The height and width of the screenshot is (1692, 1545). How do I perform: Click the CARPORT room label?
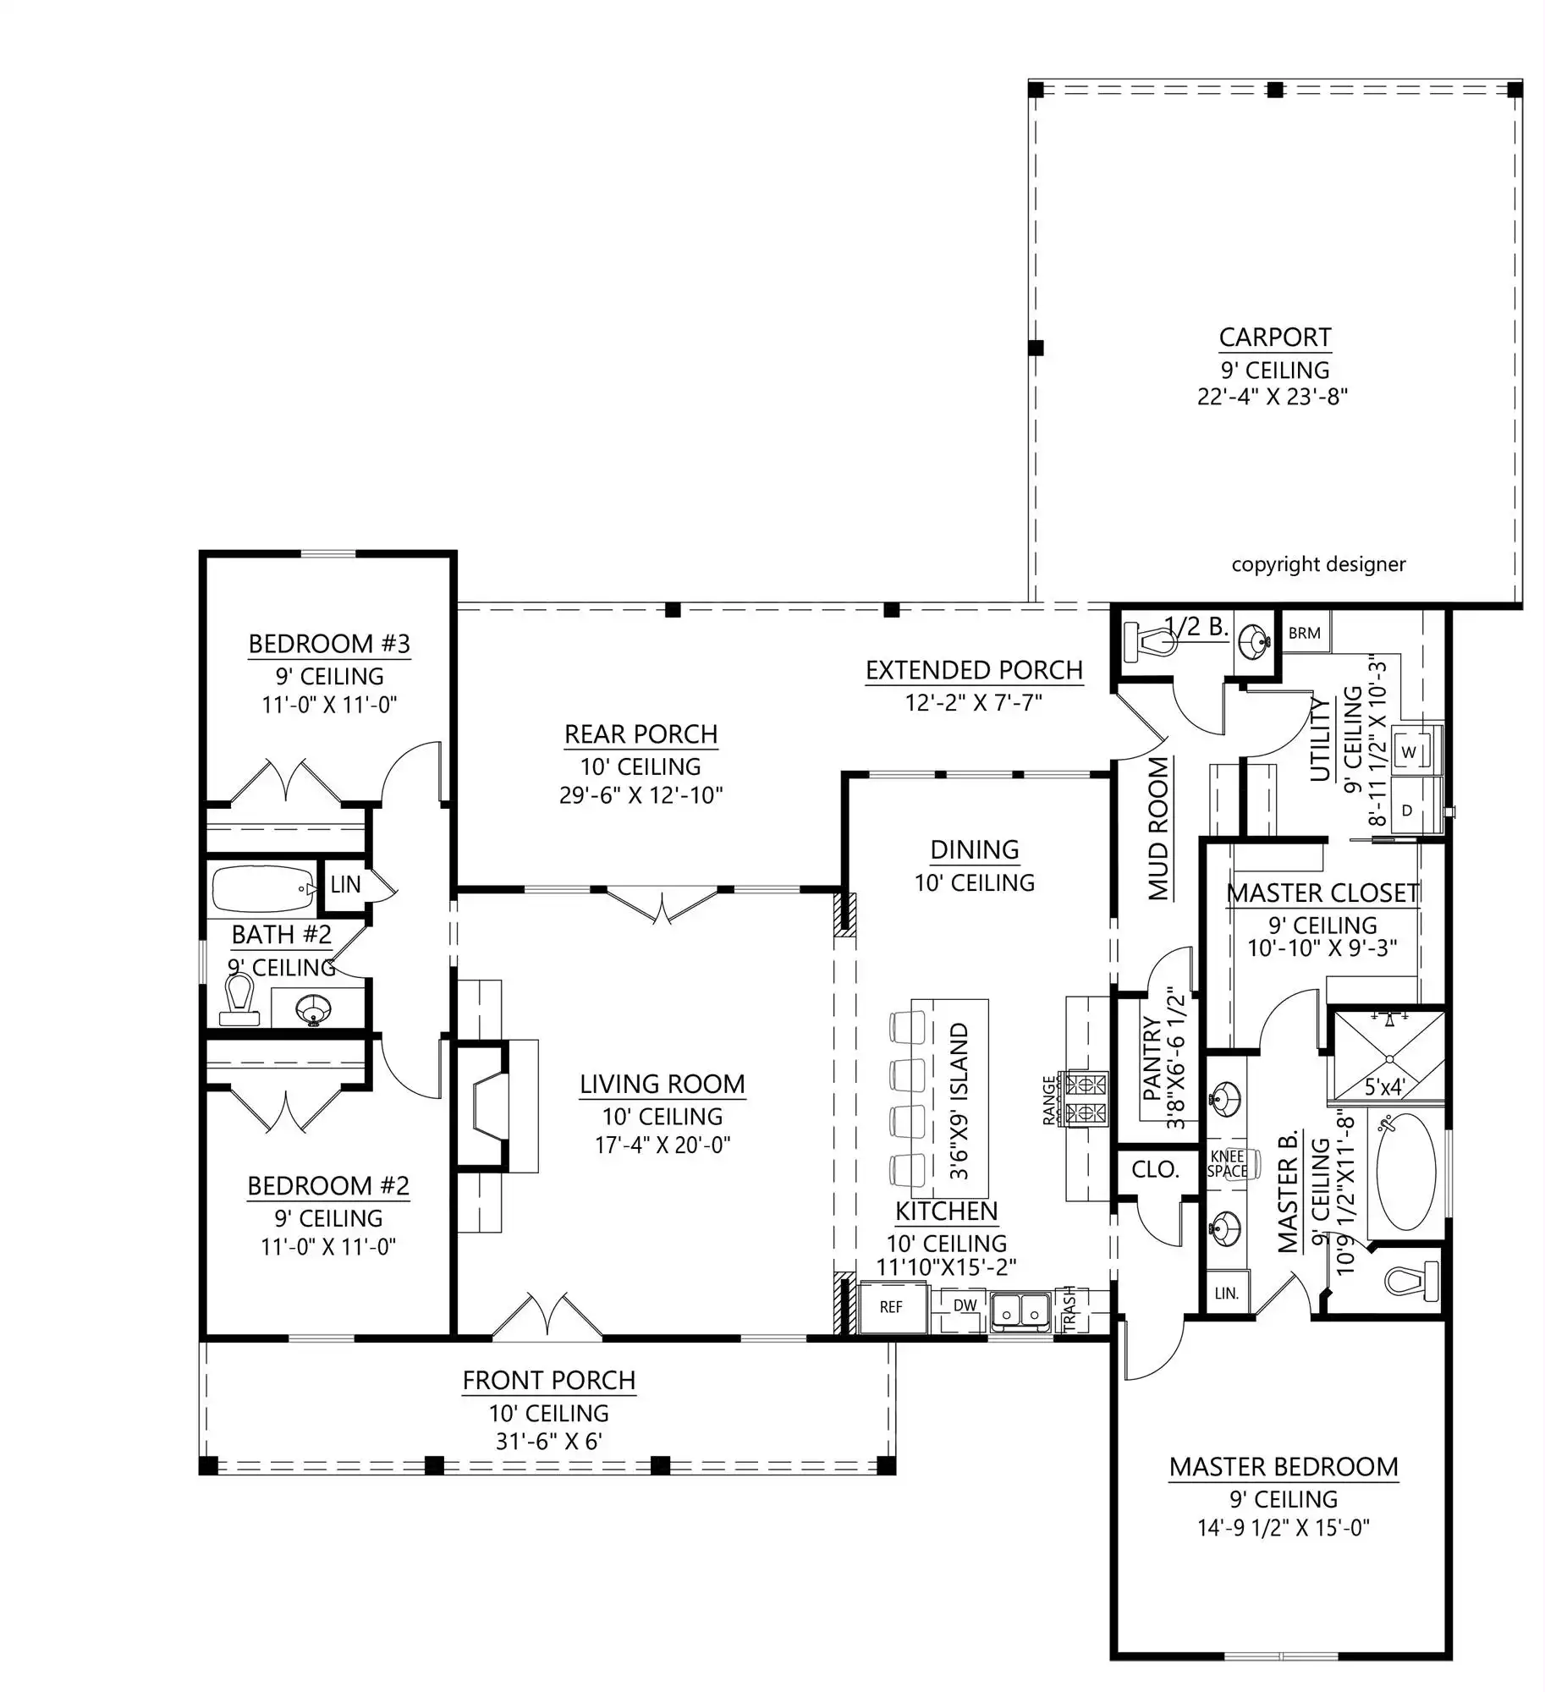pos(1275,338)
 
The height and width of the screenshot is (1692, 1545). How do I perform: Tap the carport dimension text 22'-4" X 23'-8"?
pos(1273,396)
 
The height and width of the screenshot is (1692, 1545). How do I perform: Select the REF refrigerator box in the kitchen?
pos(891,1307)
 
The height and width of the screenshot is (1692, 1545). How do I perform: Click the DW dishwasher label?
pos(965,1305)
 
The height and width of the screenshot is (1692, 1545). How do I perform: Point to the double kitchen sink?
pos(1021,1312)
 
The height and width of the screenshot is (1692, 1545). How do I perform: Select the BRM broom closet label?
pos(1305,633)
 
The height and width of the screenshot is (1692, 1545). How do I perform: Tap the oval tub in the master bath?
pos(1405,1173)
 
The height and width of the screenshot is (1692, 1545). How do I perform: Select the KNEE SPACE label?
pos(1227,1164)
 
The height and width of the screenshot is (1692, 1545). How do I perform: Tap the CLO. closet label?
pos(1155,1169)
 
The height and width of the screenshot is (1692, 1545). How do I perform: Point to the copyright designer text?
pos(1318,564)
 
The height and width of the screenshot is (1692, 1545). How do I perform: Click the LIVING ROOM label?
pos(663,1084)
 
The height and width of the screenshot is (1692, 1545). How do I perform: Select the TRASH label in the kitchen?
pos(1069,1308)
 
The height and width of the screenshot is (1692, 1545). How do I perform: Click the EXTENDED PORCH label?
pos(974,670)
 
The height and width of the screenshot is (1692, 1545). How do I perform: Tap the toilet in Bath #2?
pos(240,999)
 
